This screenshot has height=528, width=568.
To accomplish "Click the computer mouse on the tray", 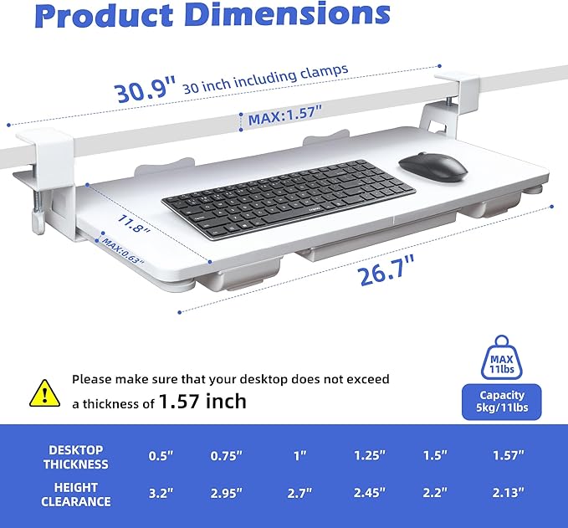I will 432,165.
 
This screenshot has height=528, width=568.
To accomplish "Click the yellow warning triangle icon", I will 41,391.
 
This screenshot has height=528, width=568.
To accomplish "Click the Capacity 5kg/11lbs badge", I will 503,402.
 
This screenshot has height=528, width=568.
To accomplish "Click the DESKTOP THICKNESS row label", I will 77,456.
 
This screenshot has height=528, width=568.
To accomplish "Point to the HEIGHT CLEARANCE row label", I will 77,494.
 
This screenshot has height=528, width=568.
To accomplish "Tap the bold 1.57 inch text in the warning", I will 202,402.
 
